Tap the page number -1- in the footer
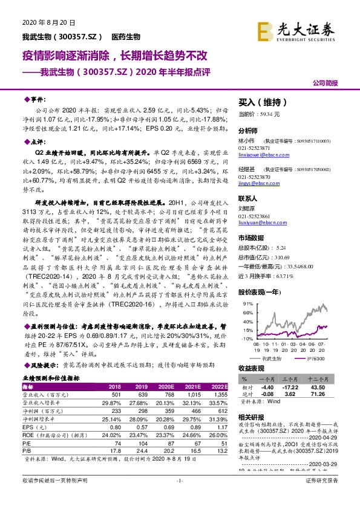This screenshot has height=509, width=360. [180, 497]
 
